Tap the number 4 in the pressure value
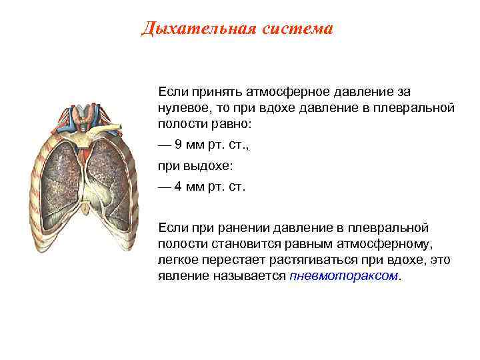click(x=178, y=187)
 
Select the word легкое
click(x=177, y=259)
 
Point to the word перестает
click(x=231, y=259)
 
